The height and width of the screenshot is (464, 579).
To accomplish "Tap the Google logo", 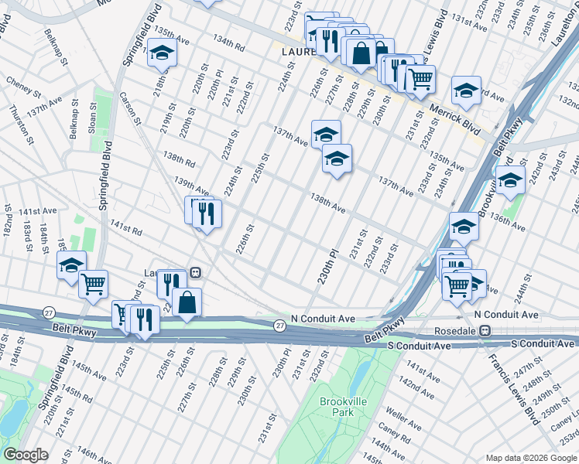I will pos(26,455).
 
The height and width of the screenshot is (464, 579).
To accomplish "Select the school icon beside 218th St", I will pos(163,53).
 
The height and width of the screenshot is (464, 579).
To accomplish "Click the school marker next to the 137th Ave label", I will pos(326,134).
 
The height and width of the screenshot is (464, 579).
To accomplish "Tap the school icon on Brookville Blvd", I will pos(510,181).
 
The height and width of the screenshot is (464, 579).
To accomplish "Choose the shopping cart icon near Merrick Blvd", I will pos(420,79).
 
